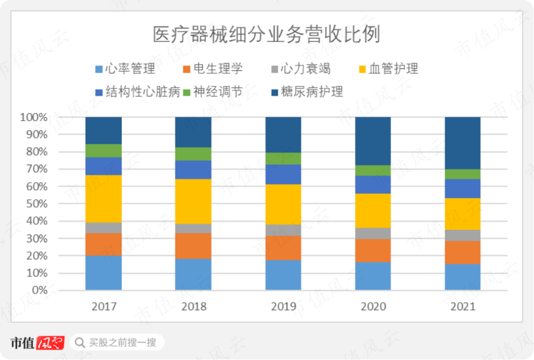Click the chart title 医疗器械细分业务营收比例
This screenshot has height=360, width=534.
(267, 36)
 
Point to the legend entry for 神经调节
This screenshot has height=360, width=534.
(218, 92)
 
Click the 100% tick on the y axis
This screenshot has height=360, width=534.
(34, 118)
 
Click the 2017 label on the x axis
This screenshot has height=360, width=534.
(104, 307)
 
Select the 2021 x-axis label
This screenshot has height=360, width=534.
(462, 307)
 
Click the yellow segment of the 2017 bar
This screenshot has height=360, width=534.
(104, 198)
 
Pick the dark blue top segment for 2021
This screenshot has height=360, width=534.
(462, 143)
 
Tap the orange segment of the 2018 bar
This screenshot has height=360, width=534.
(193, 246)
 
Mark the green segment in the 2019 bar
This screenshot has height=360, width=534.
(283, 158)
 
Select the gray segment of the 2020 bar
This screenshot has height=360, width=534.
(373, 233)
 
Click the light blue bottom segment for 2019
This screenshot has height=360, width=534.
(283, 275)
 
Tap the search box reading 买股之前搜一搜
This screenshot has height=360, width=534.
(117, 342)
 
